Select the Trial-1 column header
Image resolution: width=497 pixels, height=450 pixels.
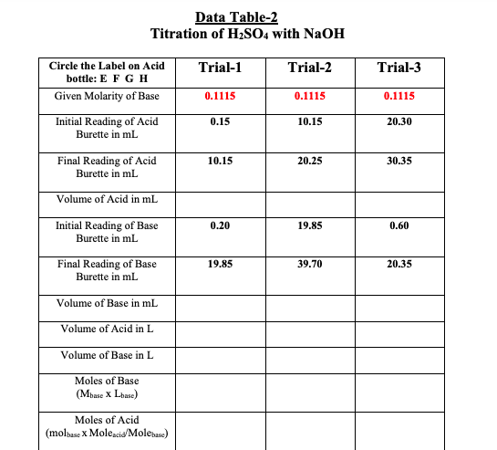point(219,68)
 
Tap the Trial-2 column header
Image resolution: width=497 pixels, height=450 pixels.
point(309,68)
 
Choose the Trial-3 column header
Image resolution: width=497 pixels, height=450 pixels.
point(399,68)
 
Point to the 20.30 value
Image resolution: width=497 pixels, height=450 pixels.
point(399,121)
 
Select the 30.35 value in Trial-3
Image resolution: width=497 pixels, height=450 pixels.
point(399,161)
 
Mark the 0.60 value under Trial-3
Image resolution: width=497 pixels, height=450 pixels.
point(399,225)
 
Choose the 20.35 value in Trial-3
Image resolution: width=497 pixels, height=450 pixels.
point(399,264)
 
